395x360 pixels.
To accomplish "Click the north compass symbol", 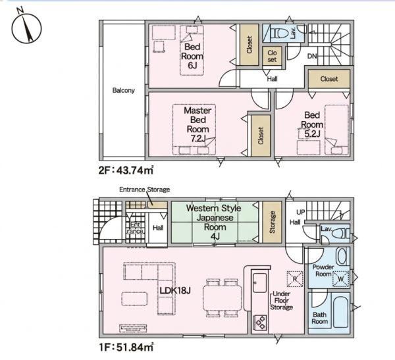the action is (26, 28).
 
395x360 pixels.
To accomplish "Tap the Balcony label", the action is (124, 90).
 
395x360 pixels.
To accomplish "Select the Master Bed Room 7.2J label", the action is (197, 124).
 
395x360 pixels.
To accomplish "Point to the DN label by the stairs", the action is (312, 56).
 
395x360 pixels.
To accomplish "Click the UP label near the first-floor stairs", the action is (301, 212).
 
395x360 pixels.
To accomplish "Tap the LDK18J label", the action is (175, 290).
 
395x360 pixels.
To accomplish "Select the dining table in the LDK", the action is (223, 298).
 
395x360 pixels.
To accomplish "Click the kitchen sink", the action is (260, 283).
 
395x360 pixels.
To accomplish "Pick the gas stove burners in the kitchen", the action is (260, 322).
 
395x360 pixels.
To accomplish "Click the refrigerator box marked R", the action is (295, 279).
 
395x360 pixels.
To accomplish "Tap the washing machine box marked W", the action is (340, 279).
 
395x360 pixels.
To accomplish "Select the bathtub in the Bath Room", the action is (340, 310).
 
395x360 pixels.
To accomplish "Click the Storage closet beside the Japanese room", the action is (272, 222).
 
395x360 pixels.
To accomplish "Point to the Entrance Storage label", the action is (144, 190).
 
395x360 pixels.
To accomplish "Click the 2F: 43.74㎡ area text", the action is (126, 170).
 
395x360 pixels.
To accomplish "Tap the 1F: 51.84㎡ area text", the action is (126, 347).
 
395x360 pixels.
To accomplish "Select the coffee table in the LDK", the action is (134, 299).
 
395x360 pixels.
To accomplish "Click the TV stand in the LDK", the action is (132, 328).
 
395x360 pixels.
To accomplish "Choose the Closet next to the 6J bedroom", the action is (249, 45).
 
